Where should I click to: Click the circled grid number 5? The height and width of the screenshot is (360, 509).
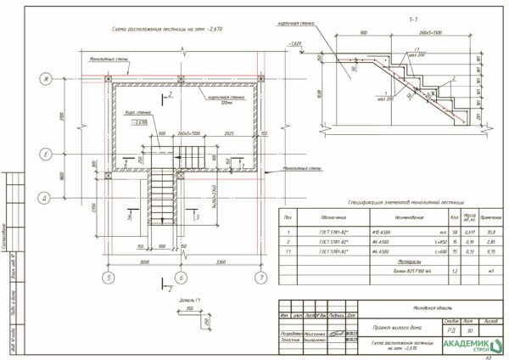click(x=108, y=277)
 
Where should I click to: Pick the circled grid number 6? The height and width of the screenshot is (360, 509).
click(x=180, y=277)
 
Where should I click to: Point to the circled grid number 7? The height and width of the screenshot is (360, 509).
click(x=261, y=277)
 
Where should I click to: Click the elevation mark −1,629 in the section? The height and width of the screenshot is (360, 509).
click(x=295, y=43)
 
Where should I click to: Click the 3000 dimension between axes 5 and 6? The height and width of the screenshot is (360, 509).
click(x=143, y=262)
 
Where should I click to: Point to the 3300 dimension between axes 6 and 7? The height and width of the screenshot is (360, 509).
click(x=220, y=262)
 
